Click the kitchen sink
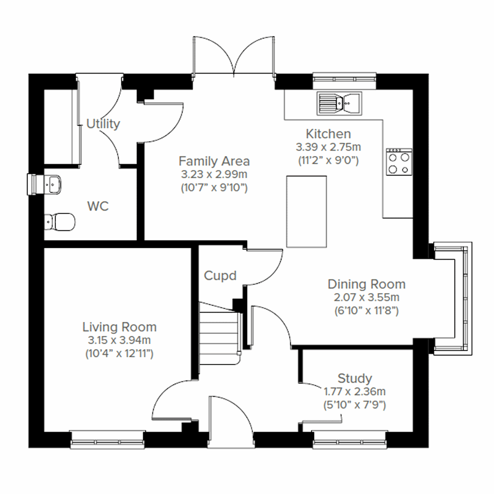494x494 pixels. (x=339, y=103)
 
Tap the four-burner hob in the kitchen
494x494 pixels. (x=399, y=162)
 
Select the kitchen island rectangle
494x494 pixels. (x=306, y=211)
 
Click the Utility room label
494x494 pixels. (x=103, y=124)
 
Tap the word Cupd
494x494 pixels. (x=220, y=275)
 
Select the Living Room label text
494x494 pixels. (x=119, y=327)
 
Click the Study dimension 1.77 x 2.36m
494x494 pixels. (x=354, y=391)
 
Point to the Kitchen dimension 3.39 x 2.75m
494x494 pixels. (x=328, y=147)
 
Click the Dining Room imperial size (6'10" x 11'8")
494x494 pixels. (x=366, y=310)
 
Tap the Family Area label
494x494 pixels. (x=214, y=161)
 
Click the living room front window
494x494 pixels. (x=107, y=440)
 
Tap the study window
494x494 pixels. (x=350, y=440)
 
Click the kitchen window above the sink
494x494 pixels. (x=344, y=81)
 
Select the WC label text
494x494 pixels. (x=98, y=206)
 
